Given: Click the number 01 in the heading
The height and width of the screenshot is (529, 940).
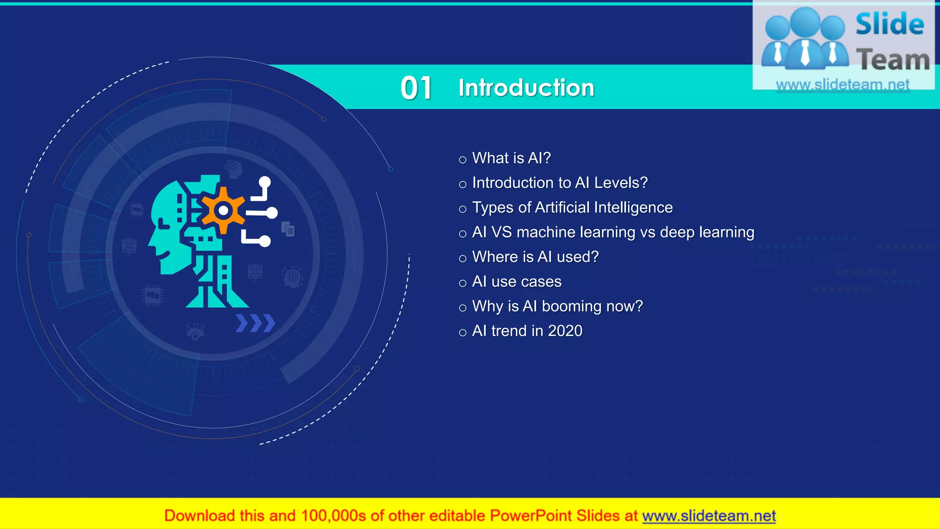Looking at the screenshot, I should (416, 88).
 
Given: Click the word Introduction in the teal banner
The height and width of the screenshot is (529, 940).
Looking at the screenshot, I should (526, 88).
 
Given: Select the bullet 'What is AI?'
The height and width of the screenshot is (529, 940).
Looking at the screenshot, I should (511, 158).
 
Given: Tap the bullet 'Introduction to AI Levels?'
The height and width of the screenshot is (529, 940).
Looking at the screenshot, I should (560, 183).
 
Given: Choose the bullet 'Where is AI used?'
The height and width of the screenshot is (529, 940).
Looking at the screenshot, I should (535, 257).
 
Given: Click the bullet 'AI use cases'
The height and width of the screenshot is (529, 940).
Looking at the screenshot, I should (516, 281).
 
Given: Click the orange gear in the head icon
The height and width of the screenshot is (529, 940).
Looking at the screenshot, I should (224, 211).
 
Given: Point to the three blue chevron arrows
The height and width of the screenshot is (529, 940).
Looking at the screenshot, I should (255, 323).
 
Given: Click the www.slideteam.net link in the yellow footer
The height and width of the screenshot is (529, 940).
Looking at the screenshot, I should (709, 516).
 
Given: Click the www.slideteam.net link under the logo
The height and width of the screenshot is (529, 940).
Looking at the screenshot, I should (842, 84).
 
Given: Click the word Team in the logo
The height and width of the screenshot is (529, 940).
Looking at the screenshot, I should (892, 60).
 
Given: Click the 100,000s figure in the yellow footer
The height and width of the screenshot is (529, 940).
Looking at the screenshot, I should (333, 516).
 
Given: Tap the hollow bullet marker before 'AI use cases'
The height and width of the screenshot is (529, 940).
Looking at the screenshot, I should (463, 283).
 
